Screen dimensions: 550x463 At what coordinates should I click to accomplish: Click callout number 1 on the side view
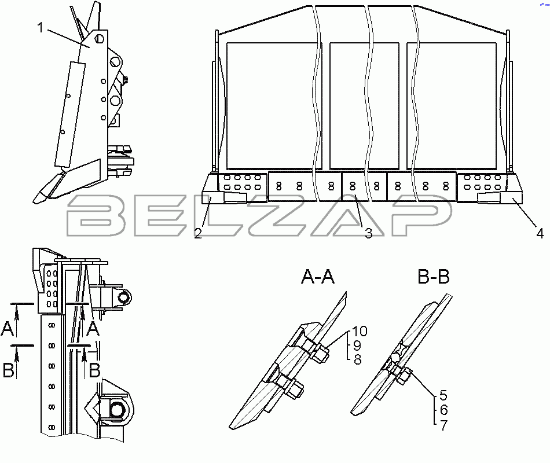41,27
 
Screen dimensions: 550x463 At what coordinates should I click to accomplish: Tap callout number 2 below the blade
198,233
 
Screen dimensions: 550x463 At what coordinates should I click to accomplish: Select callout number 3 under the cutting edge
369,233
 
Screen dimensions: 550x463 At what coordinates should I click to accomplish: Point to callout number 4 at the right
540,233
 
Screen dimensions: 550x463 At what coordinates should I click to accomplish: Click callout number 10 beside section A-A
359,331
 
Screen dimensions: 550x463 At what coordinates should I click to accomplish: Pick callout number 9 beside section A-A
357,346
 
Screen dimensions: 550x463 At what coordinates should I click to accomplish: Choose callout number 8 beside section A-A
357,359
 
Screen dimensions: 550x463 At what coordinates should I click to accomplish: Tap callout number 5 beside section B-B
443,395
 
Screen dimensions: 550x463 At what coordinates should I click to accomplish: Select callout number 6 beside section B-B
443,410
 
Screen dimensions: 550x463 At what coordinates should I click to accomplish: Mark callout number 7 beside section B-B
443,425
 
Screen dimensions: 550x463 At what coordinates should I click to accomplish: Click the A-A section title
318,277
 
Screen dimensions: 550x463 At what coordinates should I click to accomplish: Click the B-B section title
434,277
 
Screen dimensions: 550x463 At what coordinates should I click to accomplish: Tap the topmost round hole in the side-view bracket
99,38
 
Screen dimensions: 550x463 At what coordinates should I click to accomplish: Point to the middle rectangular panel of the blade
364,105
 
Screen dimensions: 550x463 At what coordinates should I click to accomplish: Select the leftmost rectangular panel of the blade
274,105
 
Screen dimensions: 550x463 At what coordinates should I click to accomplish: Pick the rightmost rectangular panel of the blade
452,105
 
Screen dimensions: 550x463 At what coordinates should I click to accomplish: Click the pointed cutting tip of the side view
35,201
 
